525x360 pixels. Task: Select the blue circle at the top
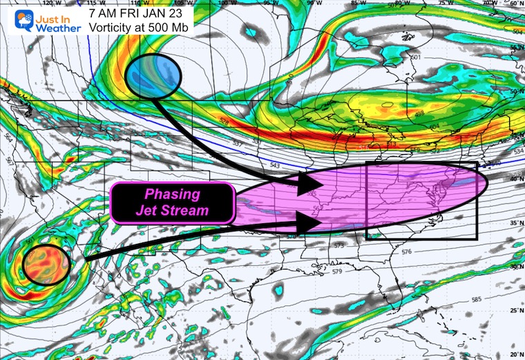click(x=153, y=75)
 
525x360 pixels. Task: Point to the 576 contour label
click(x=405, y=252)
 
